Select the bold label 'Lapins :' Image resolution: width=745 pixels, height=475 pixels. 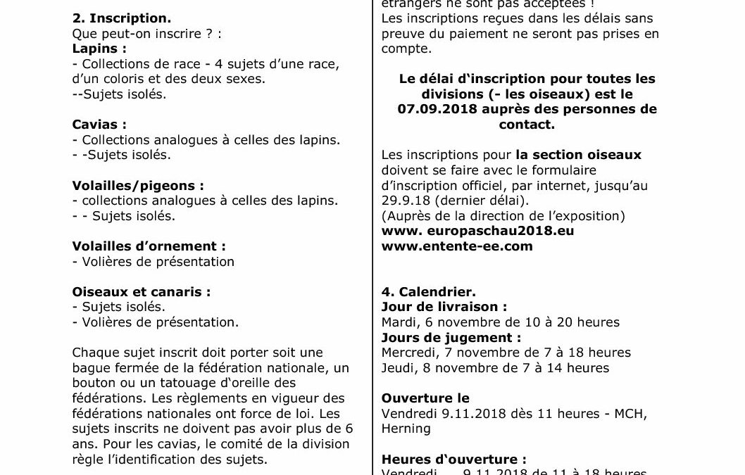click(x=99, y=49)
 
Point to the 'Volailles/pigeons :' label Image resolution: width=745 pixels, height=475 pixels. click(x=138, y=185)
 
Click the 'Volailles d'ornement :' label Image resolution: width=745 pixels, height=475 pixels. click(x=149, y=246)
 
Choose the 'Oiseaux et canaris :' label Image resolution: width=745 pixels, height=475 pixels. click(x=142, y=291)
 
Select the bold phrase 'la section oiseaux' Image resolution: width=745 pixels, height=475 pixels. click(x=577, y=155)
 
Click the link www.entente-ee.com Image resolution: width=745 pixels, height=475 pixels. click(x=457, y=246)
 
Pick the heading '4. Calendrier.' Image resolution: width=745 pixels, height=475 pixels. click(x=429, y=291)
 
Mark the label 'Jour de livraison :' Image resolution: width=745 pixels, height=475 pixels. click(x=444, y=307)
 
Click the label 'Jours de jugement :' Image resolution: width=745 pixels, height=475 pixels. click(x=451, y=337)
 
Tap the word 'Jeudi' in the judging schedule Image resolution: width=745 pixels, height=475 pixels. click(x=396, y=367)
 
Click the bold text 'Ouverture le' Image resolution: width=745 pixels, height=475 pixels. click(x=425, y=398)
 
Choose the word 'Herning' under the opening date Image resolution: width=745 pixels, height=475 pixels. click(x=406, y=429)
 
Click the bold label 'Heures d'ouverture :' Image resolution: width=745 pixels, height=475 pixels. click(x=453, y=459)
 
